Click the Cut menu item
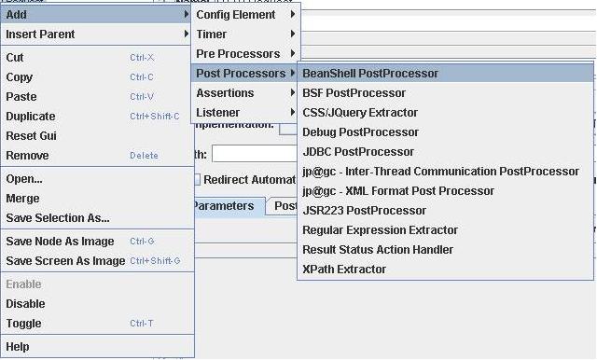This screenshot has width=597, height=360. pos(15,58)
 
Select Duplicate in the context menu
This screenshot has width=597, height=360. pos(31,117)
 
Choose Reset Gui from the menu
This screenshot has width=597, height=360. pos(32,136)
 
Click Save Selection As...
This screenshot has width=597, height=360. pos(58,218)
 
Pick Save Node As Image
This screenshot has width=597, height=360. pos(60,242)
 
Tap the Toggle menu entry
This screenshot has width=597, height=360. pos(24,324)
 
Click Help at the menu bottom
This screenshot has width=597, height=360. pos(18,347)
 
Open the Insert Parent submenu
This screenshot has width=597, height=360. pos(41,35)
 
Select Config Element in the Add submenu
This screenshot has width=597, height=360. pos(236,15)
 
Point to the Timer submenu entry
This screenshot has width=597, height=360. pos(212,35)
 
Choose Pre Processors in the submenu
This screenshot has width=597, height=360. pos(238,54)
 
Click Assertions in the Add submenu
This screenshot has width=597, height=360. pos(225,93)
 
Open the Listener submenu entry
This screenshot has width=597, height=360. pos(218,113)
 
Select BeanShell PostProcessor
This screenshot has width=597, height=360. pos(370,74)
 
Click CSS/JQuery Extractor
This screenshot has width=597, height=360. pos(360,113)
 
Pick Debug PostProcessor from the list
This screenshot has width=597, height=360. pos(361,132)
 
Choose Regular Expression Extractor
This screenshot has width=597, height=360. pos(381,230)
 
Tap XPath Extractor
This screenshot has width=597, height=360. pos(344,270)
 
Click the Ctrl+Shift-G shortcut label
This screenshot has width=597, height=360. pos(155,261)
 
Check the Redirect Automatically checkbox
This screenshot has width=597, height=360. pos(197,180)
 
